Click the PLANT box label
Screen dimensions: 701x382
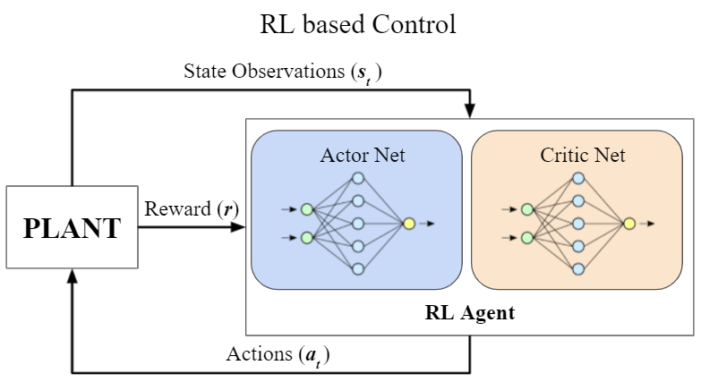pyautogui.click(x=72, y=228)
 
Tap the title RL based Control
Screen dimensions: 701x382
pyautogui.click(x=357, y=24)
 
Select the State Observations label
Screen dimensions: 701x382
pyautogui.click(x=283, y=72)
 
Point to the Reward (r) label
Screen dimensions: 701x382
pyautogui.click(x=192, y=208)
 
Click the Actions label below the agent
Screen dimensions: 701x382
pyautogui.click(x=278, y=355)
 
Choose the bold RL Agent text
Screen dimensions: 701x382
pyautogui.click(x=469, y=312)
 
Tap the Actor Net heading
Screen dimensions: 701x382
pyautogui.click(x=363, y=155)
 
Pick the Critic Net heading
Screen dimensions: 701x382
pyautogui.click(x=583, y=155)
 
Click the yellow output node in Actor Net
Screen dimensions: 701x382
pyautogui.click(x=409, y=224)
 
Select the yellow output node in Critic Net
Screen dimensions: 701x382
pyautogui.click(x=629, y=224)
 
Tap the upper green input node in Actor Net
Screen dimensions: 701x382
pyautogui.click(x=307, y=209)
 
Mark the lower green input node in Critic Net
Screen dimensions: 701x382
pyautogui.click(x=527, y=238)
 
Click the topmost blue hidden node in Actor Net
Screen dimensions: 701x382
pyautogui.click(x=358, y=178)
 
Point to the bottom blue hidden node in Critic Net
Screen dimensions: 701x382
pyautogui.click(x=578, y=269)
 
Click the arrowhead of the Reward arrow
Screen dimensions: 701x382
pyautogui.click(x=238, y=227)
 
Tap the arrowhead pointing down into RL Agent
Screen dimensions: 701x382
pyautogui.click(x=470, y=110)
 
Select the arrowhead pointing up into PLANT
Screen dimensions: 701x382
pyautogui.click(x=72, y=276)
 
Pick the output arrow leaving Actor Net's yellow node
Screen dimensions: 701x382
pyautogui.click(x=427, y=224)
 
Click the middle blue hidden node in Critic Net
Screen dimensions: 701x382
pyautogui.click(x=578, y=224)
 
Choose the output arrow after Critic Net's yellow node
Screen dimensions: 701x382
pyautogui.click(x=647, y=224)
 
